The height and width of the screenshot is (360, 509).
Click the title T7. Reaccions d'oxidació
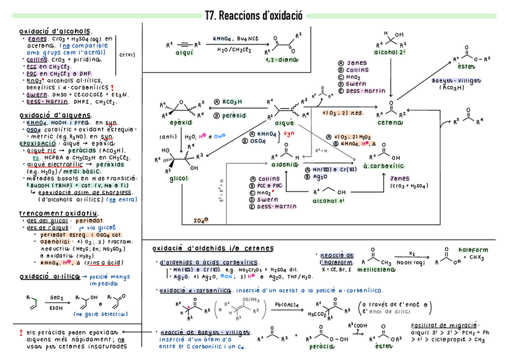coord(254,16)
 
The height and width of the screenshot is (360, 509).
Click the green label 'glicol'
coord(178,179)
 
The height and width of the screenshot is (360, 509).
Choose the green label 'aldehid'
coord(285,164)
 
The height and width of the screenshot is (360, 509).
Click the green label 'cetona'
coord(390,122)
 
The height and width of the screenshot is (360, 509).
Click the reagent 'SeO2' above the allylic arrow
coord(57,297)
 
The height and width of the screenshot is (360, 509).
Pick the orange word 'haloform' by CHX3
coord(473,250)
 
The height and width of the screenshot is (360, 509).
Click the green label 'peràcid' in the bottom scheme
coord(322,346)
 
